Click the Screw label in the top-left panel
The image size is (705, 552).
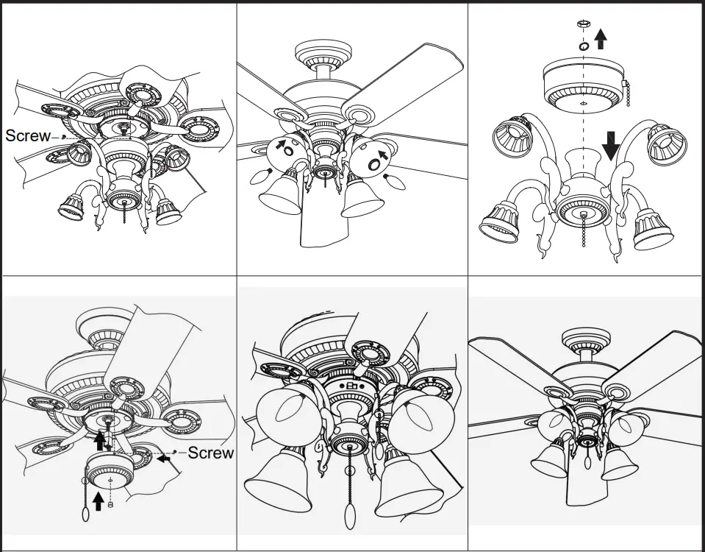[28, 135]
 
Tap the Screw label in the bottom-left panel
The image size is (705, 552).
[211, 453]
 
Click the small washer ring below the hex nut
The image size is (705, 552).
[583, 46]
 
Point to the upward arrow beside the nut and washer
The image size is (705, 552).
[601, 38]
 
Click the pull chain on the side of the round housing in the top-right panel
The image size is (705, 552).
[627, 93]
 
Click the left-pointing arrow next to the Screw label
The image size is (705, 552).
[165, 458]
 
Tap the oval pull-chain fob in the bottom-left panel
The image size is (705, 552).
[85, 514]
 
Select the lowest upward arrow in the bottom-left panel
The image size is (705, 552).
[98, 503]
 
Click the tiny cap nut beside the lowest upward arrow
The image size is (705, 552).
[111, 505]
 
